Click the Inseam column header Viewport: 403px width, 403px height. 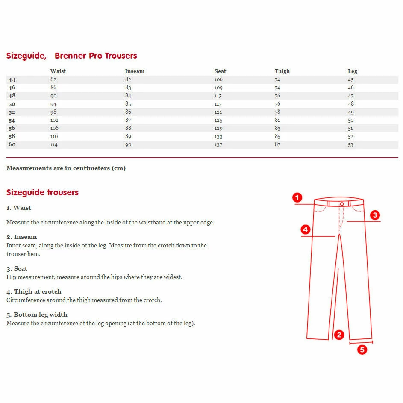click(x=135, y=71)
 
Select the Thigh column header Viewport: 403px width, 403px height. click(x=282, y=71)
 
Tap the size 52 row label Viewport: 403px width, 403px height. click(x=12, y=112)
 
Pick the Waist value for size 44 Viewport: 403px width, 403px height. click(x=53, y=79)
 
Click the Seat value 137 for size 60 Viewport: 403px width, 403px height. click(x=219, y=144)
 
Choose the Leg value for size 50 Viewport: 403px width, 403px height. click(x=351, y=104)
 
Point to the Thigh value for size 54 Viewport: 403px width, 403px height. click(x=278, y=120)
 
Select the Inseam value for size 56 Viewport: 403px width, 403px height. click(x=128, y=128)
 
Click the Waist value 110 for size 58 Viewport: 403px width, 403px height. click(x=54, y=136)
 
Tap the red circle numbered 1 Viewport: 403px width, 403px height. click(x=297, y=197)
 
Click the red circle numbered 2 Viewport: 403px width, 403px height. click(x=339, y=335)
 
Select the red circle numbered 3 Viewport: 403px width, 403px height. click(x=375, y=215)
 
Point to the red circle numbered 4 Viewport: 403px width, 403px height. click(x=305, y=230)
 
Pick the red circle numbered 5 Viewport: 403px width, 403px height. click(x=362, y=350)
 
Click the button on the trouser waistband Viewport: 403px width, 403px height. click(x=342, y=204)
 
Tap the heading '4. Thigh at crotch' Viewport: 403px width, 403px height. click(x=34, y=291)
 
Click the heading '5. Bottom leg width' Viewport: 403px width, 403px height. click(x=37, y=315)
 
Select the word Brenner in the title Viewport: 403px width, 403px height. click(x=71, y=56)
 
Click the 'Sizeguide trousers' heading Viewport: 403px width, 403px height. click(x=42, y=192)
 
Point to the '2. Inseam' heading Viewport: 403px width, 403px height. click(x=22, y=237)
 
